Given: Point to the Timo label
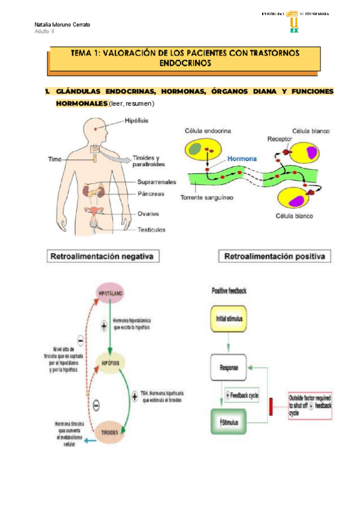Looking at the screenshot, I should (x=55, y=159).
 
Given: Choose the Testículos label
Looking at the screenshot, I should (x=151, y=229).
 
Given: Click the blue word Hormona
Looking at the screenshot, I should (x=242, y=159).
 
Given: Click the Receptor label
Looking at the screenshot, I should (x=280, y=138).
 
